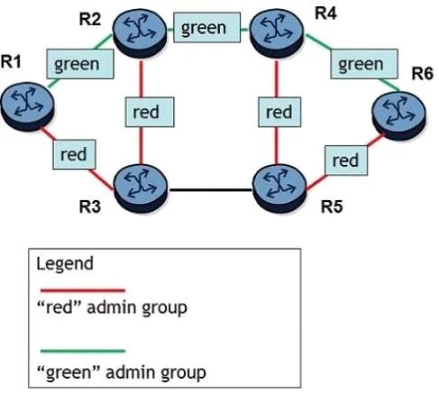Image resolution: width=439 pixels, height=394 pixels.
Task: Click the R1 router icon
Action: pos(27,106)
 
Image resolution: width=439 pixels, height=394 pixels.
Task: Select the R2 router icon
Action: pos(140,33)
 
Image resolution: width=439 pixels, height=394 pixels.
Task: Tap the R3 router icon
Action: pos(141,188)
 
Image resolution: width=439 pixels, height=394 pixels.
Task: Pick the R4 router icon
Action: pos(277,33)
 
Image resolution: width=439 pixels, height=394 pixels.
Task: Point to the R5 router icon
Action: pos(279,188)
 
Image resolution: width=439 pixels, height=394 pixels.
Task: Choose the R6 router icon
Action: pos(398,115)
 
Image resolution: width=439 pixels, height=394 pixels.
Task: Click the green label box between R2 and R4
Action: pos(207,27)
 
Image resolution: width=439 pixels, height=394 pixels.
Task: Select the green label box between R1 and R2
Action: pos(80,64)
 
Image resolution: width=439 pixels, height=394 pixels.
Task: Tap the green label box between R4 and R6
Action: pos(364,64)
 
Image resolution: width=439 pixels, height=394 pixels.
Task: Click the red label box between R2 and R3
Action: pos(150,112)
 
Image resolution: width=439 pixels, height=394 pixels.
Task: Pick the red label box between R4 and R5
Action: pos(279,112)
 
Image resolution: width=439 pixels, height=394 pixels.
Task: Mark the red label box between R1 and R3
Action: pos(74,154)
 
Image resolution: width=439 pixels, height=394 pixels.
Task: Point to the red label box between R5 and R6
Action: pos(346,160)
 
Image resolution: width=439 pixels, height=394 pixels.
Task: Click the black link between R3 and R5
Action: pos(211,190)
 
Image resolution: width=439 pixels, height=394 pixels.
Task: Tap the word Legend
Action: pos(65,264)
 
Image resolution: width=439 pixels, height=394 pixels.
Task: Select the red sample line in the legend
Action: pos(83,290)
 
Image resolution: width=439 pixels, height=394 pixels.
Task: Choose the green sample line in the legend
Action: pos(83,351)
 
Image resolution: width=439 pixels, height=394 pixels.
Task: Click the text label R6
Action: pos(422,74)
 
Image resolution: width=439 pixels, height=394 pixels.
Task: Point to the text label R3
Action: pos(89,206)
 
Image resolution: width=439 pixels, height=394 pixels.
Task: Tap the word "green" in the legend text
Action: pos(69,372)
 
